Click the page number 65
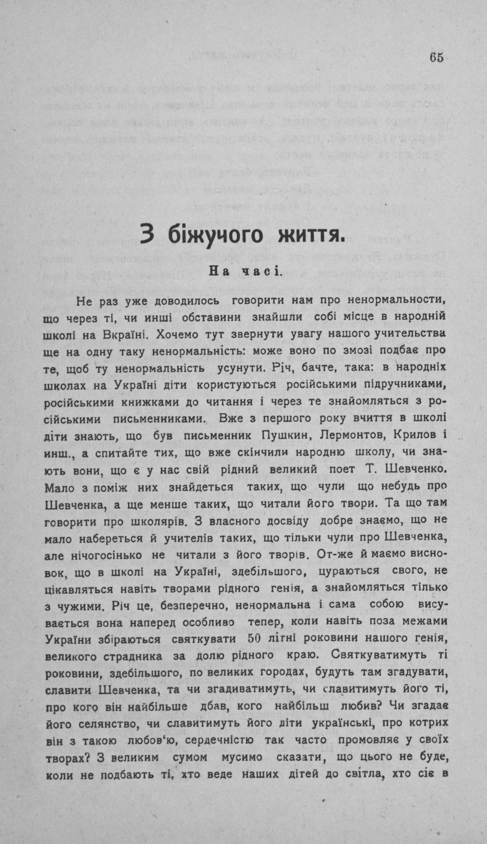[436, 57]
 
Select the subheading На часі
[245, 271]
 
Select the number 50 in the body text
[255, 638]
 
